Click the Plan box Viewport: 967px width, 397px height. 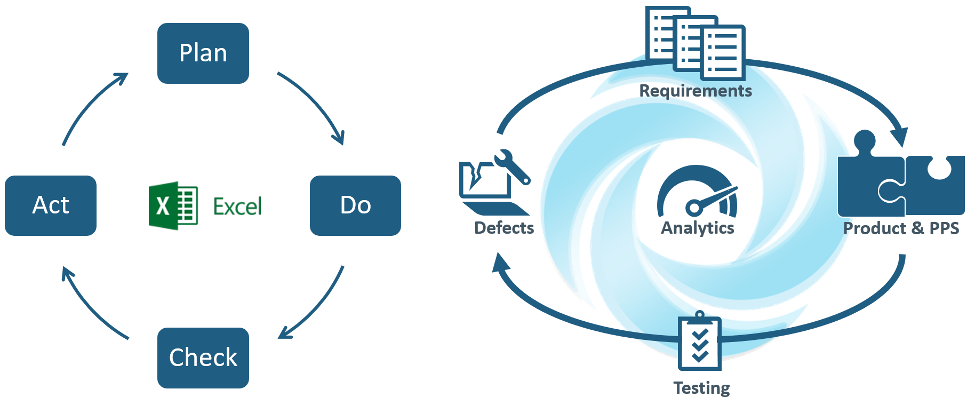click(203, 53)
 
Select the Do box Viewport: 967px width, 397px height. click(355, 205)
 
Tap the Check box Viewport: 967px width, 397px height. click(203, 358)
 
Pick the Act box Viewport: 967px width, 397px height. click(51, 205)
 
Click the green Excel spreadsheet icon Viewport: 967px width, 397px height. click(173, 206)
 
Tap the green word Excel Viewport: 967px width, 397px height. click(237, 207)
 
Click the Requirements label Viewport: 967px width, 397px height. click(696, 91)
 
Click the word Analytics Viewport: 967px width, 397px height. click(698, 228)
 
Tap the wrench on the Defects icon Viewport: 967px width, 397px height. click(512, 166)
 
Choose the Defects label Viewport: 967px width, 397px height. click(504, 228)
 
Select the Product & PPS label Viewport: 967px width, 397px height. click(901, 228)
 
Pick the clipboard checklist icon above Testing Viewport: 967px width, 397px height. click(700, 341)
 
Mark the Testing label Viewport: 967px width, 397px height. click(701, 388)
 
